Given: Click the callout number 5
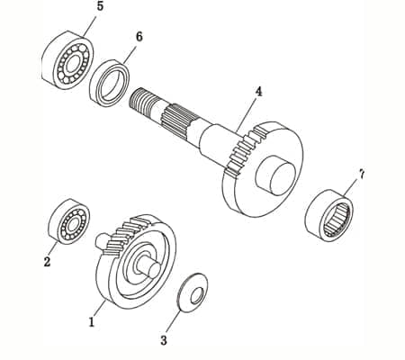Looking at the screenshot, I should [x=99, y=6].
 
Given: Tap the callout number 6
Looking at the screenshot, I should [x=139, y=37].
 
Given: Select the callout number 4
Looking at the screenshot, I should [x=258, y=92].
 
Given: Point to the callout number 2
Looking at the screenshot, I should [x=47, y=263].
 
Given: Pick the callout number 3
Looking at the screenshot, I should [x=163, y=340].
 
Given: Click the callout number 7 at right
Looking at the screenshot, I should [x=362, y=173].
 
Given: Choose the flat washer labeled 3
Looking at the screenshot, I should [x=193, y=292].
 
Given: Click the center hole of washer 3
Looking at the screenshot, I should [x=193, y=292].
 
